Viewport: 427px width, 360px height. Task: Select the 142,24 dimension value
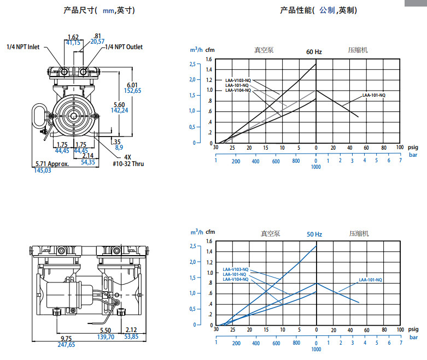click(x=119, y=110)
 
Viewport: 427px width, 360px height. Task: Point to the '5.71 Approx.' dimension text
click(x=52, y=164)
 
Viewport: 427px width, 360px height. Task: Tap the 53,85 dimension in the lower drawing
click(x=131, y=338)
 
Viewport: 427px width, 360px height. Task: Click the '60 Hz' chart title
click(x=314, y=52)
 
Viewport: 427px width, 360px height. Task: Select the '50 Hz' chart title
click(x=314, y=234)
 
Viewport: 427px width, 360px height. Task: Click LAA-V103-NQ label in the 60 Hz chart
click(x=238, y=80)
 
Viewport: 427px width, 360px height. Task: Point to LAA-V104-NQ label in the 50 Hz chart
click(x=236, y=279)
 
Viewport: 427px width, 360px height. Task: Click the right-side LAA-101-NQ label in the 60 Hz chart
click(x=373, y=96)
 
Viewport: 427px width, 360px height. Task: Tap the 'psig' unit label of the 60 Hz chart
click(x=413, y=147)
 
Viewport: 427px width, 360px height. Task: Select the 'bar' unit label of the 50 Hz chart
click(x=413, y=337)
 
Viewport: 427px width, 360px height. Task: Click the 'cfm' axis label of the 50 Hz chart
click(x=210, y=231)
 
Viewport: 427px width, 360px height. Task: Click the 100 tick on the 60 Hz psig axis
click(x=400, y=147)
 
